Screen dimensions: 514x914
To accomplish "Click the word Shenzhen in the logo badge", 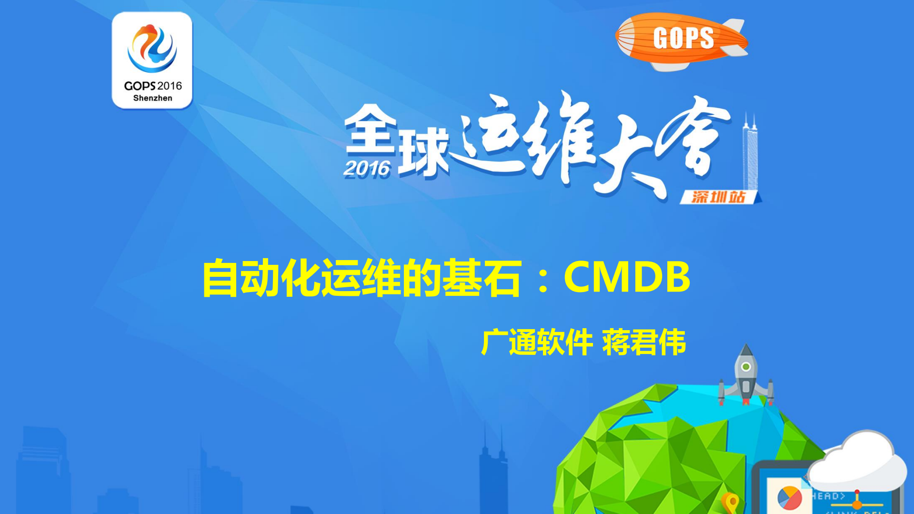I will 152,98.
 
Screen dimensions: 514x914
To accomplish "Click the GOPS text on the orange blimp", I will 683,38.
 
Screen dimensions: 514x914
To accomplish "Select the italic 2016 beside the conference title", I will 367,169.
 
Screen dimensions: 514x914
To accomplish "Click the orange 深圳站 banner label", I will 718,197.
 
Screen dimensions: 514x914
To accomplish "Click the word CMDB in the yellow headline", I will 627,277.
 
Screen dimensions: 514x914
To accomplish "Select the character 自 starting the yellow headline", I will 220,278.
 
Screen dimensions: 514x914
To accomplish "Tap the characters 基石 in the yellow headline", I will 482,278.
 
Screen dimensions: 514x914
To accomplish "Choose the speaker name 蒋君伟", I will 644,342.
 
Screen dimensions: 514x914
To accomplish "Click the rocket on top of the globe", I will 746,376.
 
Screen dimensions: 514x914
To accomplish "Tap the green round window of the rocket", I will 746,367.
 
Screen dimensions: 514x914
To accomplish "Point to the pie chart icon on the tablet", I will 789,498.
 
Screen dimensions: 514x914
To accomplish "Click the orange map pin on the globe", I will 730,502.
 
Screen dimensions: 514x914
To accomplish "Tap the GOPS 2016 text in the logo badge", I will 152,86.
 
